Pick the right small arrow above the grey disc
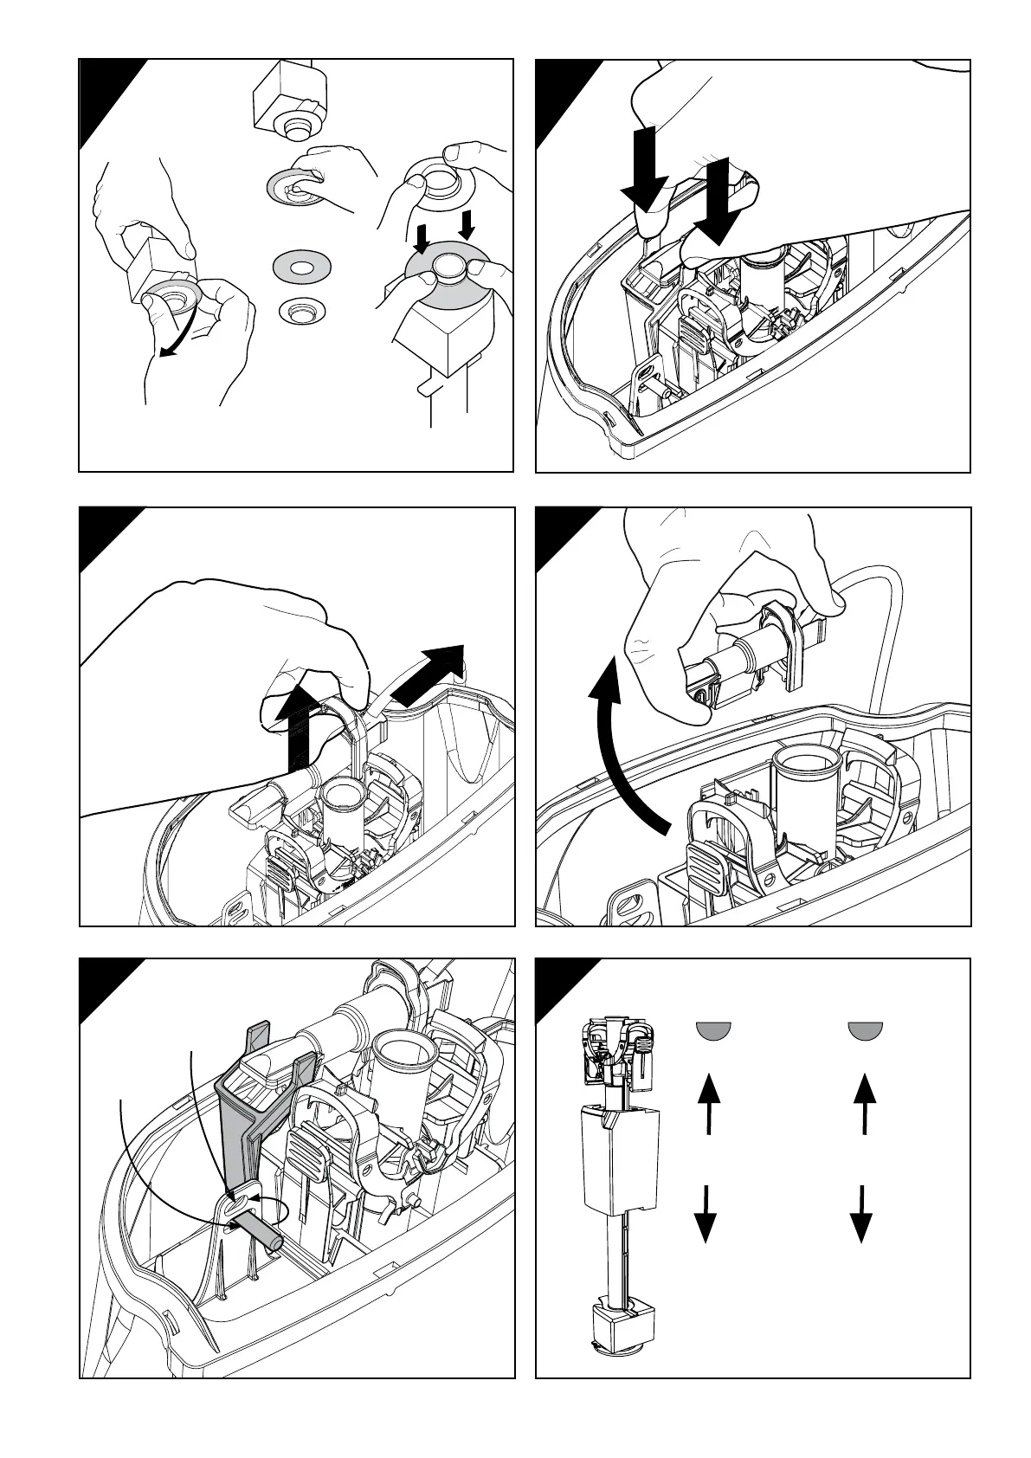[467, 225]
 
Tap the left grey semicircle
[715, 1029]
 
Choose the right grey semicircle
[864, 1029]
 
